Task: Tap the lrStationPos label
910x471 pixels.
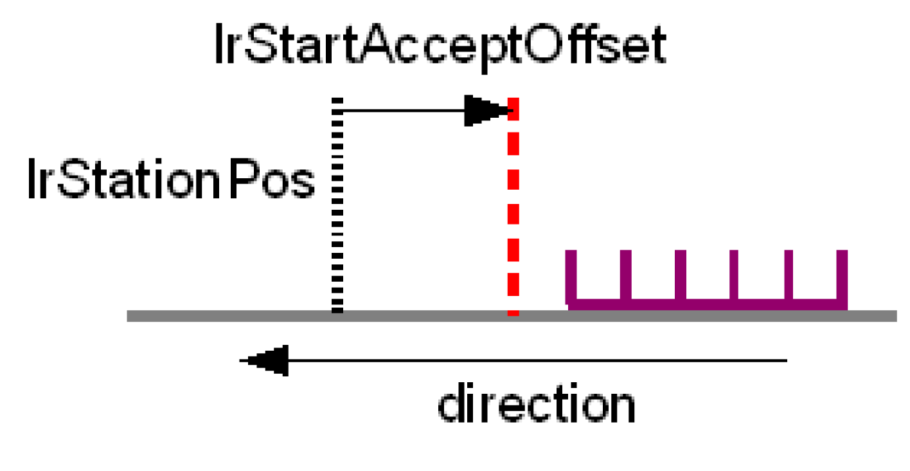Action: pyautogui.click(x=171, y=181)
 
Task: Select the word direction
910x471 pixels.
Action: pyautogui.click(x=536, y=404)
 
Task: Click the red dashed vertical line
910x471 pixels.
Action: pyautogui.click(x=513, y=212)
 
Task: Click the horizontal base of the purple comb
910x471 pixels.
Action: pyautogui.click(x=707, y=304)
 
